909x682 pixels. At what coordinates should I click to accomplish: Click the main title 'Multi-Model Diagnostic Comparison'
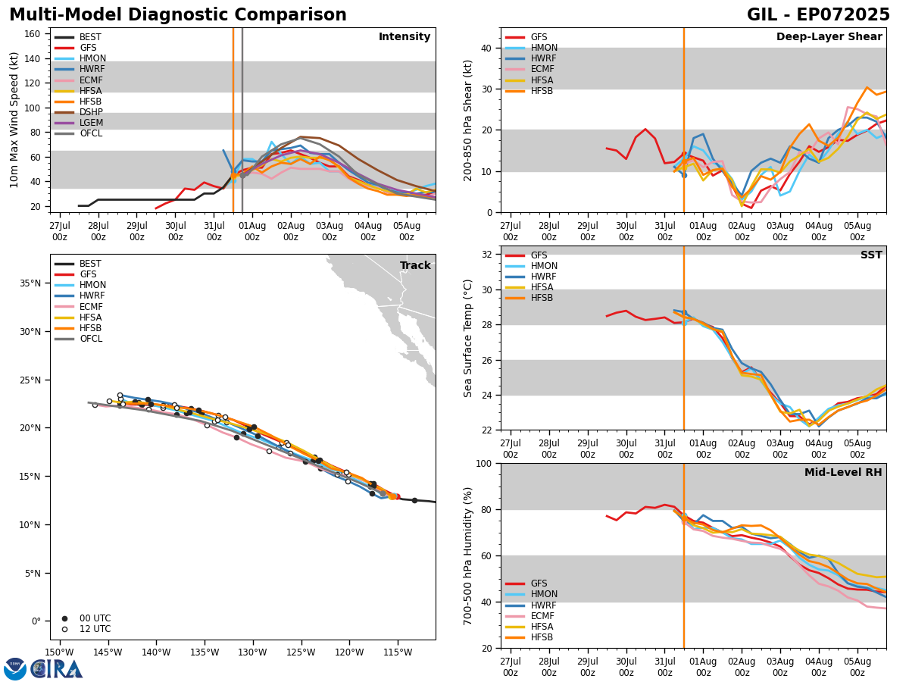pyautogui.click(x=178, y=15)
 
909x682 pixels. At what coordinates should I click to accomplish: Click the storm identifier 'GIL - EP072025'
pyautogui.click(x=818, y=15)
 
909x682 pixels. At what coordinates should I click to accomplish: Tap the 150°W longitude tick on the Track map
pyautogui.click(x=60, y=652)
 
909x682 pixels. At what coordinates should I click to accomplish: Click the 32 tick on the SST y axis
pyautogui.click(x=489, y=255)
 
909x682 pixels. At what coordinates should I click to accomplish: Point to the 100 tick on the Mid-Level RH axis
pyautogui.click(x=486, y=463)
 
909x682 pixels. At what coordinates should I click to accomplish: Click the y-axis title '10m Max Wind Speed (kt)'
pyautogui.click(x=14, y=120)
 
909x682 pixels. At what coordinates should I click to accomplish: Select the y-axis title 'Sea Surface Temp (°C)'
pyautogui.click(x=468, y=338)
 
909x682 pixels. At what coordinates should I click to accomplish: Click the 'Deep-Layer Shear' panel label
pyautogui.click(x=829, y=37)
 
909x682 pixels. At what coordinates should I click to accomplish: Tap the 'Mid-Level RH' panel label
pyautogui.click(x=842, y=473)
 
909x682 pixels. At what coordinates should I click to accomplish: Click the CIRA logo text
pyautogui.click(x=57, y=669)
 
